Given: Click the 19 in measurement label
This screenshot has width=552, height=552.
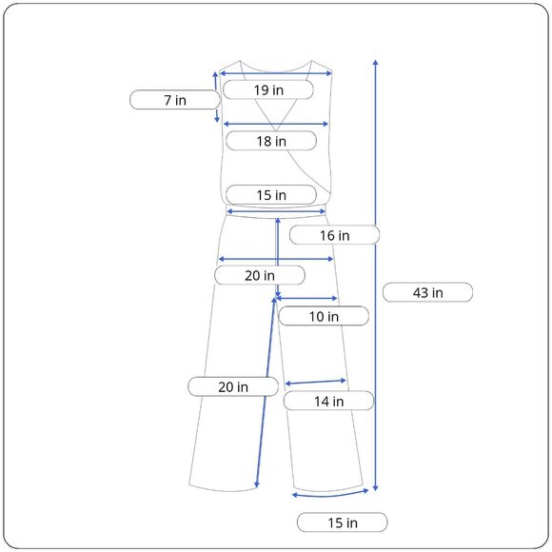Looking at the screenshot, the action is (268, 89).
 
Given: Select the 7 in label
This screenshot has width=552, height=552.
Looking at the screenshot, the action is (175, 100).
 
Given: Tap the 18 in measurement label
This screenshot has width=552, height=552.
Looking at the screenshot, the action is (271, 141).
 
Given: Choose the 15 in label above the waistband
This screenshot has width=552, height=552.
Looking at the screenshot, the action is (271, 195).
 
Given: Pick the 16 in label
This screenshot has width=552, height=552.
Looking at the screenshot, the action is (334, 235).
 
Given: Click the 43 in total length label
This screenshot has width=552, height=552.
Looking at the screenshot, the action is (427, 292).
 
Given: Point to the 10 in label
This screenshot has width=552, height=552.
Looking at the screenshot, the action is (324, 316).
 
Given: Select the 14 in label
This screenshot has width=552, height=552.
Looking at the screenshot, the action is (328, 401).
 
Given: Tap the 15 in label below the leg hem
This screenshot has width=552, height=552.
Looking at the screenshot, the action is (343, 522).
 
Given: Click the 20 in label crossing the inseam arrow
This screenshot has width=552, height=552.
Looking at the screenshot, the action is (233, 386).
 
